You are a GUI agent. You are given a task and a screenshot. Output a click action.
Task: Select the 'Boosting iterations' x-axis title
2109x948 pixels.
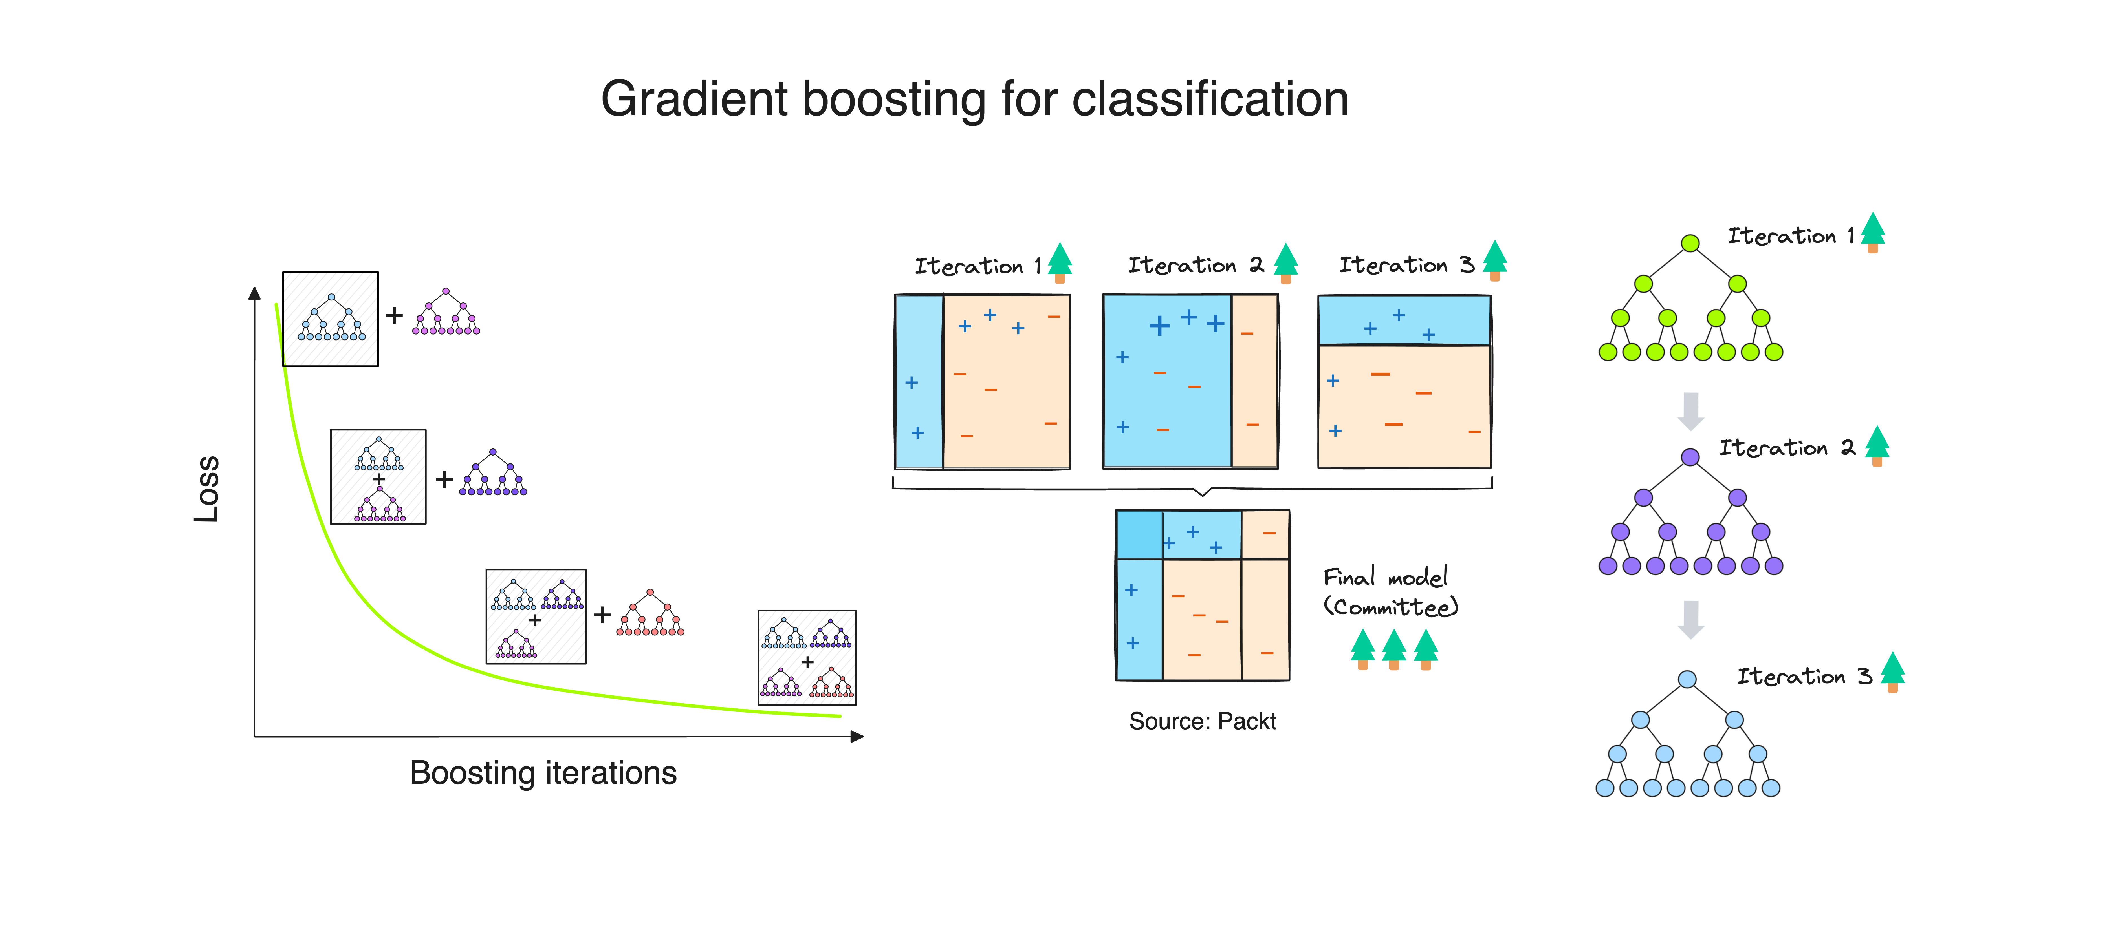point(543,773)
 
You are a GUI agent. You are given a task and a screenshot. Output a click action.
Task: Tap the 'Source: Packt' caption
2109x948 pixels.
point(1202,721)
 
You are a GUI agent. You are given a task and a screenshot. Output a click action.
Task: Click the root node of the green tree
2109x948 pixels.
point(1690,243)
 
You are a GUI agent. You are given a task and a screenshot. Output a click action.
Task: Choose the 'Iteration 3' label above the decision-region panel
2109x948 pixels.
point(1406,265)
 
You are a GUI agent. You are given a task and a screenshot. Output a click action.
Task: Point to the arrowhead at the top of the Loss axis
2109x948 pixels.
point(255,293)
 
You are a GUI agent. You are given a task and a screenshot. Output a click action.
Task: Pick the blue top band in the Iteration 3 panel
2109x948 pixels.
point(1403,320)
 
